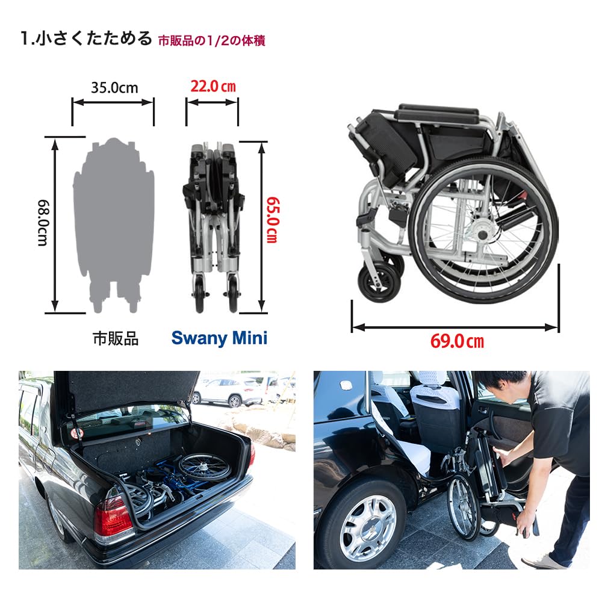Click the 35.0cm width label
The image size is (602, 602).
point(114,88)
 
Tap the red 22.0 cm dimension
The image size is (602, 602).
point(213,87)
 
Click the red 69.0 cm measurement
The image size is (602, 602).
point(457,342)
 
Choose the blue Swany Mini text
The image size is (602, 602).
point(219,338)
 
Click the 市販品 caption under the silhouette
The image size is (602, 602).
point(115,338)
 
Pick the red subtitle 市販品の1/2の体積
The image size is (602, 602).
point(211,41)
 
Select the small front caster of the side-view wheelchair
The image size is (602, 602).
point(378,281)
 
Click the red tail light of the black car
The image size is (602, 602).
point(113,518)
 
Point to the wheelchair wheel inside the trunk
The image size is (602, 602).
point(205,467)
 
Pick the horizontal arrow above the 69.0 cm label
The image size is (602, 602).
point(456,327)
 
